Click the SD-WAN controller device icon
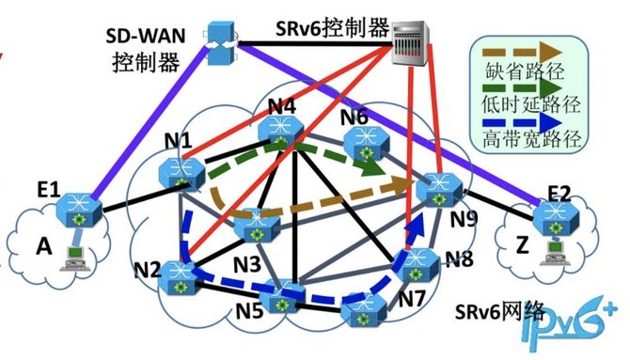[x=222, y=43]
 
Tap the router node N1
[x=182, y=173]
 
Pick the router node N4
[x=281, y=131]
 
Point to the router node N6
[x=367, y=143]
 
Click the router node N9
[x=439, y=190]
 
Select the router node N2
[x=177, y=278]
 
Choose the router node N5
[x=281, y=297]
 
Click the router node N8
[x=417, y=265]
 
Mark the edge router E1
[x=79, y=210]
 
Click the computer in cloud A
[x=75, y=258]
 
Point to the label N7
[x=412, y=298]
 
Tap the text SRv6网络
[x=500, y=310]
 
